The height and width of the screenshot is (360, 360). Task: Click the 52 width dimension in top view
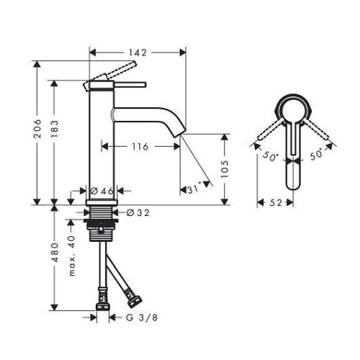pos(275,204)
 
